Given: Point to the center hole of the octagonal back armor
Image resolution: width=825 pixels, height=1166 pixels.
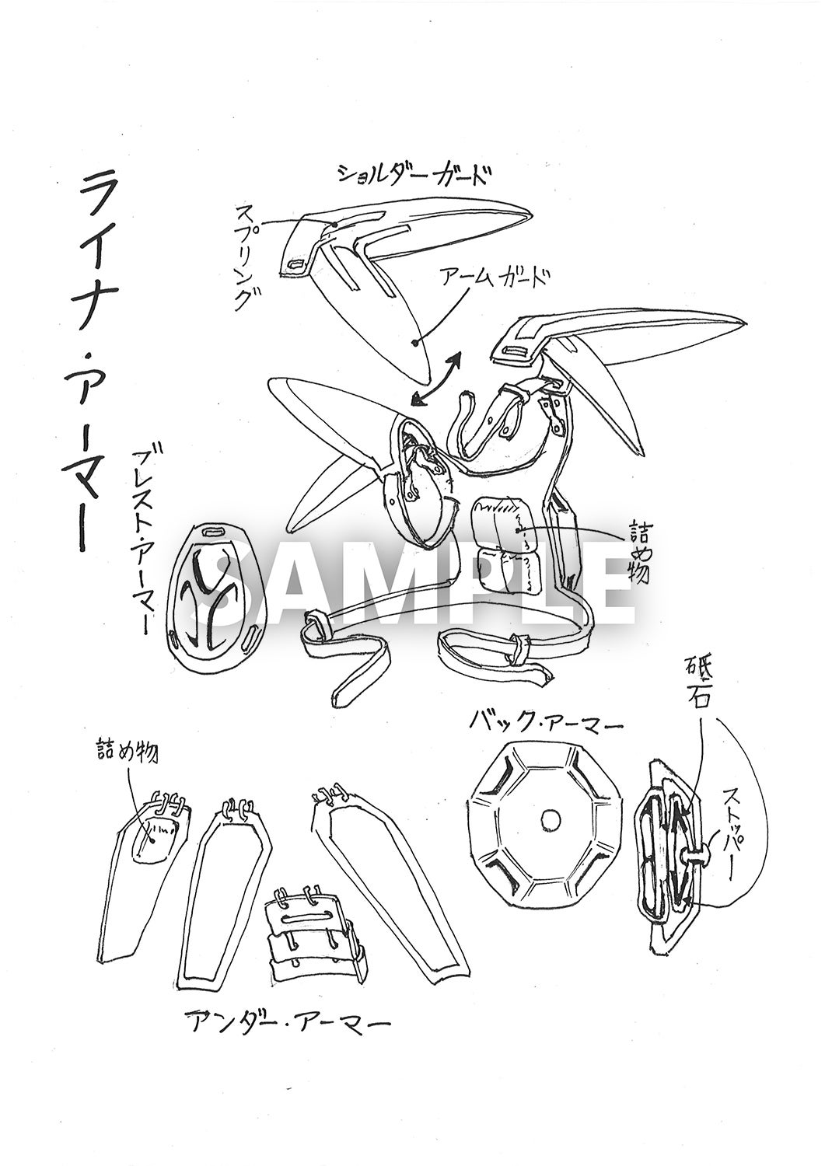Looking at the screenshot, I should [549, 819].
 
